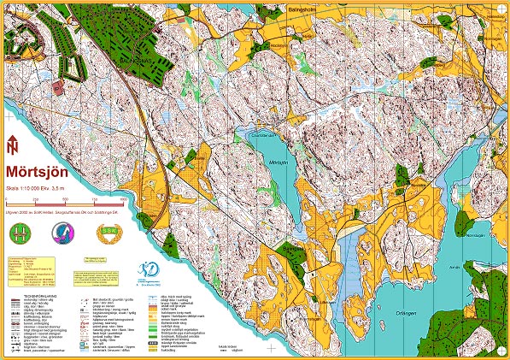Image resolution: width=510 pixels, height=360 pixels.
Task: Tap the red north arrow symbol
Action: [11, 145]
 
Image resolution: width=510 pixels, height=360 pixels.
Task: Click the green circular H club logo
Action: [19, 232]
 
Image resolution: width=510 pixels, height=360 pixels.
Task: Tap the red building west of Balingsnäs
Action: [57, 86]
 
